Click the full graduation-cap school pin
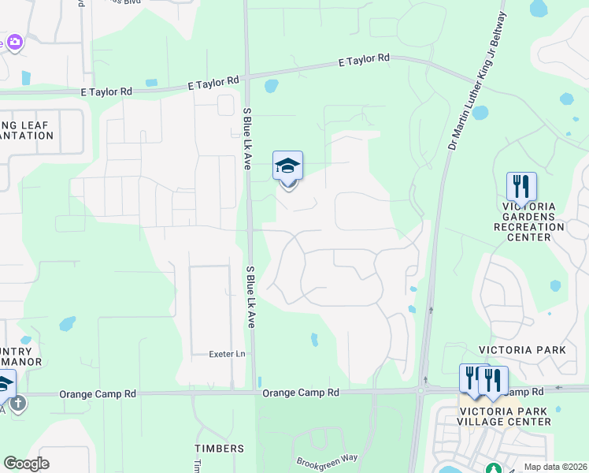pyautogui.click(x=287, y=167)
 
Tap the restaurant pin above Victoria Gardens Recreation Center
pyautogui.click(x=521, y=188)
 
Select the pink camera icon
pyautogui.click(x=14, y=42)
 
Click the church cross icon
pyautogui.click(x=17, y=404)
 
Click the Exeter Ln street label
pyautogui.click(x=228, y=354)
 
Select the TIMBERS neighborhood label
pyautogui.click(x=214, y=448)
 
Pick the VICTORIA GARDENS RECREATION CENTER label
pyautogui.click(x=529, y=221)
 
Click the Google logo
pyautogui.click(x=26, y=464)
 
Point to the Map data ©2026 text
pyautogui.click(x=554, y=467)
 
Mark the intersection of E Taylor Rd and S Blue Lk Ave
pyautogui.click(x=246, y=76)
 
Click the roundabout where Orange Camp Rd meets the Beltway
pyautogui.click(x=423, y=390)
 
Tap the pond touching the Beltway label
pyautogui.click(x=480, y=113)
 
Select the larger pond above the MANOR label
pyautogui.click(x=67, y=323)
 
